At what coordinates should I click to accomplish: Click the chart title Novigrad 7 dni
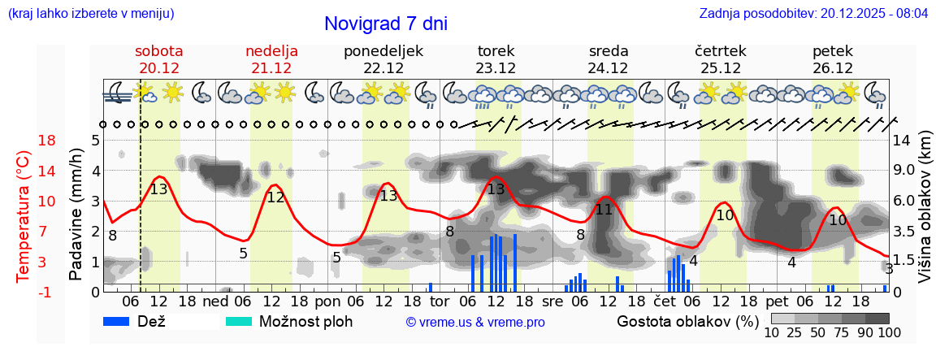(x=385, y=24)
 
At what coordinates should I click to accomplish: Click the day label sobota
(x=158, y=50)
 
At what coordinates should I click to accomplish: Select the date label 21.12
(x=271, y=68)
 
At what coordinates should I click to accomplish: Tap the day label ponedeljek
(x=383, y=50)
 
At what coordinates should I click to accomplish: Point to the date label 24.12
(x=608, y=68)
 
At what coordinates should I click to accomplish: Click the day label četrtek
(x=720, y=50)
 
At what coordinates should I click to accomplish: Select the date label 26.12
(x=832, y=68)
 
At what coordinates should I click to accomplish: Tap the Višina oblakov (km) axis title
(x=925, y=215)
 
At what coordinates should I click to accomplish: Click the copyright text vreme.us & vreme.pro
(x=474, y=322)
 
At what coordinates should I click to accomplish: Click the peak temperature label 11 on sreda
(x=603, y=210)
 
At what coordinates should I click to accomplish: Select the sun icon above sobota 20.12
(x=171, y=92)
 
